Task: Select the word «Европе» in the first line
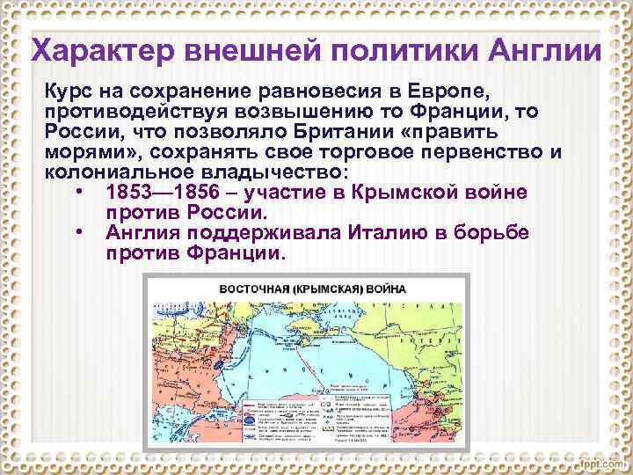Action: (469, 92)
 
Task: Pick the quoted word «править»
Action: (457, 131)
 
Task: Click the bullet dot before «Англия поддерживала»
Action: (80, 232)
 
